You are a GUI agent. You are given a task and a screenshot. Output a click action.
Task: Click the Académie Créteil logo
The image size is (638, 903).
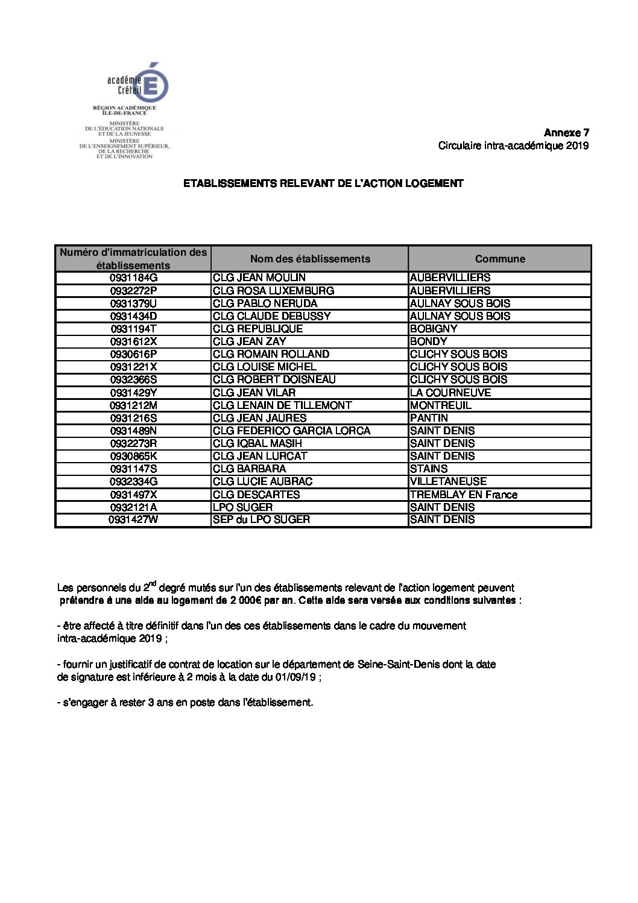point(137,83)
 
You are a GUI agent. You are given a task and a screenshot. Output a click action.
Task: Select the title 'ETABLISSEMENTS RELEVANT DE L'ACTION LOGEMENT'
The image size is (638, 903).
point(323,183)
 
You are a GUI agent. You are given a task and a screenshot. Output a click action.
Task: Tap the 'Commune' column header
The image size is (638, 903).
point(500,259)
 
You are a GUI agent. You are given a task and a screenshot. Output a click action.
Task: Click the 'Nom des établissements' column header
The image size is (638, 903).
point(310,259)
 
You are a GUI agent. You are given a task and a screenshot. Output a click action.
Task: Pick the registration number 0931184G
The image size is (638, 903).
point(133,278)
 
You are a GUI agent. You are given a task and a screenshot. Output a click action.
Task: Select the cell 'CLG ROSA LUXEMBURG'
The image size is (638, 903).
point(273,291)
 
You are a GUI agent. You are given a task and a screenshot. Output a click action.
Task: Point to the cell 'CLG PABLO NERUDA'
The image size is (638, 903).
point(265,303)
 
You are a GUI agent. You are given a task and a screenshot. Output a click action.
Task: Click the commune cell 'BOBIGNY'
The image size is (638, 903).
point(434,329)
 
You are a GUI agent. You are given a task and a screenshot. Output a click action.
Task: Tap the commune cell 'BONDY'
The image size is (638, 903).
point(428,341)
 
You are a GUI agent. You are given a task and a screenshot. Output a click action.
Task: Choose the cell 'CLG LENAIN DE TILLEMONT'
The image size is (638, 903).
point(282,405)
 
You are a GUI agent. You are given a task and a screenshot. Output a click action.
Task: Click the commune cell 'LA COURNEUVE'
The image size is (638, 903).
point(450,393)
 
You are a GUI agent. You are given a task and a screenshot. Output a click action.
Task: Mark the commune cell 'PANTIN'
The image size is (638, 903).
point(429,418)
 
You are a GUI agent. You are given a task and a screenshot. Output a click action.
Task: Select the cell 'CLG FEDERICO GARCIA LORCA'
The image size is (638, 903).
point(291,431)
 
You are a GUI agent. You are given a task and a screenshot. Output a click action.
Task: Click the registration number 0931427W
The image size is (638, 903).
point(133,519)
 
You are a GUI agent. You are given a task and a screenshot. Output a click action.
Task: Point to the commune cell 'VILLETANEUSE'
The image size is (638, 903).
point(448,481)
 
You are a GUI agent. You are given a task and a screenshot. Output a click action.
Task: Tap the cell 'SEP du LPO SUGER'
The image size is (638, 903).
point(261,519)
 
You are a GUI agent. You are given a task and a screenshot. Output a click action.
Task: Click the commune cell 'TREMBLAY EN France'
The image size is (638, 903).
point(463,495)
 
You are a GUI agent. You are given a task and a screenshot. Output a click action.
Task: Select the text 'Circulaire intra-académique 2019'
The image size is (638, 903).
point(513,145)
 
